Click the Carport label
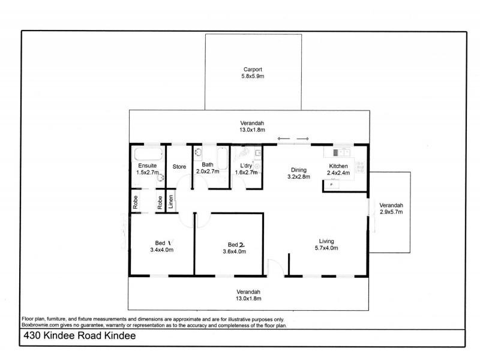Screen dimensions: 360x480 [x=253, y=69]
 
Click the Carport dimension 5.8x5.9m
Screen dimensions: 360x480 [x=253, y=76]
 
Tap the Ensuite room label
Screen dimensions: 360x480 [x=148, y=166]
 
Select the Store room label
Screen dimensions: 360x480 [x=179, y=167]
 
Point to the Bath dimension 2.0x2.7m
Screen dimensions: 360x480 [x=208, y=172]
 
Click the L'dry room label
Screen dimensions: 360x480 [x=246, y=165]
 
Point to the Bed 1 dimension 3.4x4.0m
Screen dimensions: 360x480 [x=161, y=250]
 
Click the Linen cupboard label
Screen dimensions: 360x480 [x=171, y=202]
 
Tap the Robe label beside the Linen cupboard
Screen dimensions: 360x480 [x=160, y=202]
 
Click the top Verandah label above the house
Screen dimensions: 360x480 [x=253, y=122]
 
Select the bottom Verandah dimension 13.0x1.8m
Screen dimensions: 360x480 [x=248, y=298]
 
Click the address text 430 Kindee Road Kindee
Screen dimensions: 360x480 [x=79, y=337]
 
